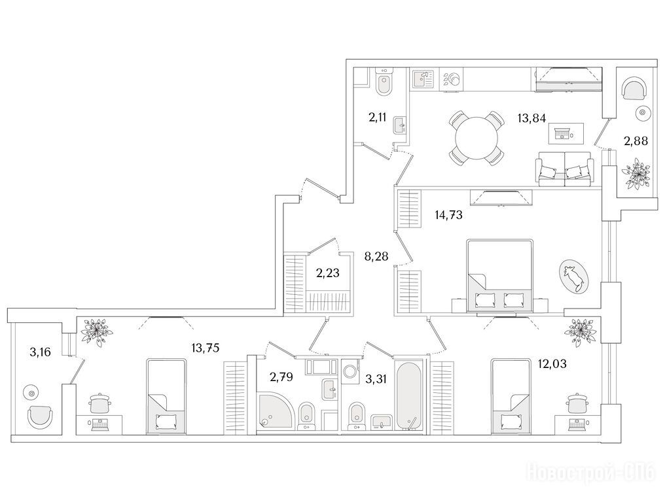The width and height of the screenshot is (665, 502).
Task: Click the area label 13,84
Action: click(x=531, y=118)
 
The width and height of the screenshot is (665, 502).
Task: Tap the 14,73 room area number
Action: click(x=449, y=215)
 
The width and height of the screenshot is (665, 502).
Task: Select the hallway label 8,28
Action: click(x=376, y=256)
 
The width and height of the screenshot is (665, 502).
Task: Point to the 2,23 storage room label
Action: click(x=328, y=273)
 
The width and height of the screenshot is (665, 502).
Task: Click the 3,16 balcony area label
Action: click(x=41, y=352)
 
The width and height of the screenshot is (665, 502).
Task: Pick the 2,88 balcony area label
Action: click(x=636, y=141)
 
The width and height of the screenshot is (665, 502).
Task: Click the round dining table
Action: click(x=476, y=139)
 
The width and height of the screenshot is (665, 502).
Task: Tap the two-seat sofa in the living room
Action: click(x=564, y=169)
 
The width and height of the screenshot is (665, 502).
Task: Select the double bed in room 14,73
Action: click(x=499, y=276)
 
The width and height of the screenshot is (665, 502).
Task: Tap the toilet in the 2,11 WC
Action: click(x=385, y=84)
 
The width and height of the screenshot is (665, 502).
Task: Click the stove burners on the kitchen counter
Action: click(x=451, y=79)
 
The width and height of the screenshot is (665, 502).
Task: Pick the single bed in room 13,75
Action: click(x=166, y=397)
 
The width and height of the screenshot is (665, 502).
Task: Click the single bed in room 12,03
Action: click(x=511, y=397)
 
